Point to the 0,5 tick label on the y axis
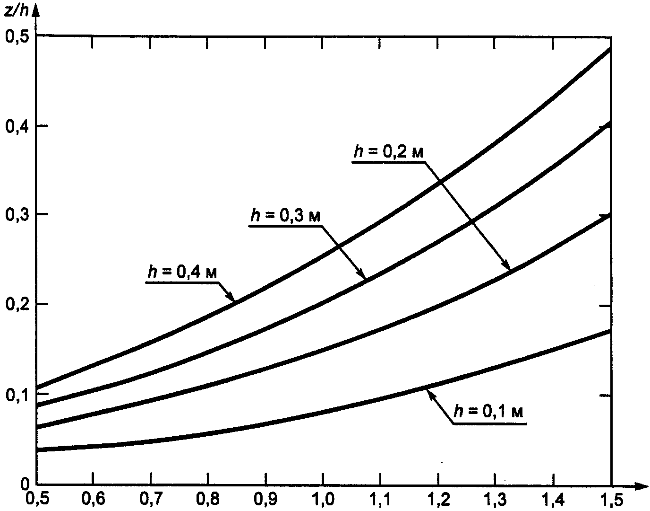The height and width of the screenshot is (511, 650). [15, 36]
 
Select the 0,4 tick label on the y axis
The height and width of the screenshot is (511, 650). [15, 127]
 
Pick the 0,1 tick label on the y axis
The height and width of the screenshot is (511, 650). [15, 395]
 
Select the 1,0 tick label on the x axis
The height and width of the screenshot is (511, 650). [324, 500]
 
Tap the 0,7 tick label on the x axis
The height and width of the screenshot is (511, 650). [151, 500]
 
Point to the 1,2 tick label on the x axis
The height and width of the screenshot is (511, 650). [438, 500]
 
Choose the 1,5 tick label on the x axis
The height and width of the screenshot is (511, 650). [611, 500]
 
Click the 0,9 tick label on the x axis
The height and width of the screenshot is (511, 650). [266, 500]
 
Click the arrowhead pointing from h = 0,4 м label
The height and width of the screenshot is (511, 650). [231, 298]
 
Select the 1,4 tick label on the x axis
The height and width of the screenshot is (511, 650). [554, 500]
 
